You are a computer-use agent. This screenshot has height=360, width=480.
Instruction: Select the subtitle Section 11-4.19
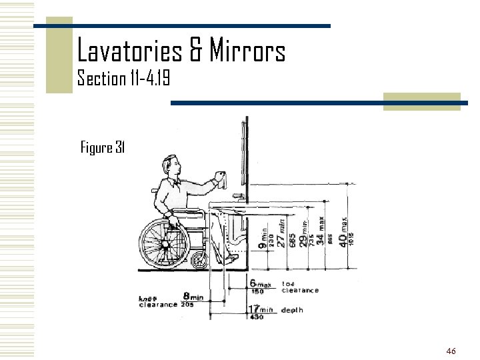point(124,79)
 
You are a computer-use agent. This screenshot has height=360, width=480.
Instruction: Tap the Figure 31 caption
point(103,147)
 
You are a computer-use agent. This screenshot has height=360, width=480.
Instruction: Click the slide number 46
point(451,351)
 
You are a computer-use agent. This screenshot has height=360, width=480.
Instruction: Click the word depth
point(293,309)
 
